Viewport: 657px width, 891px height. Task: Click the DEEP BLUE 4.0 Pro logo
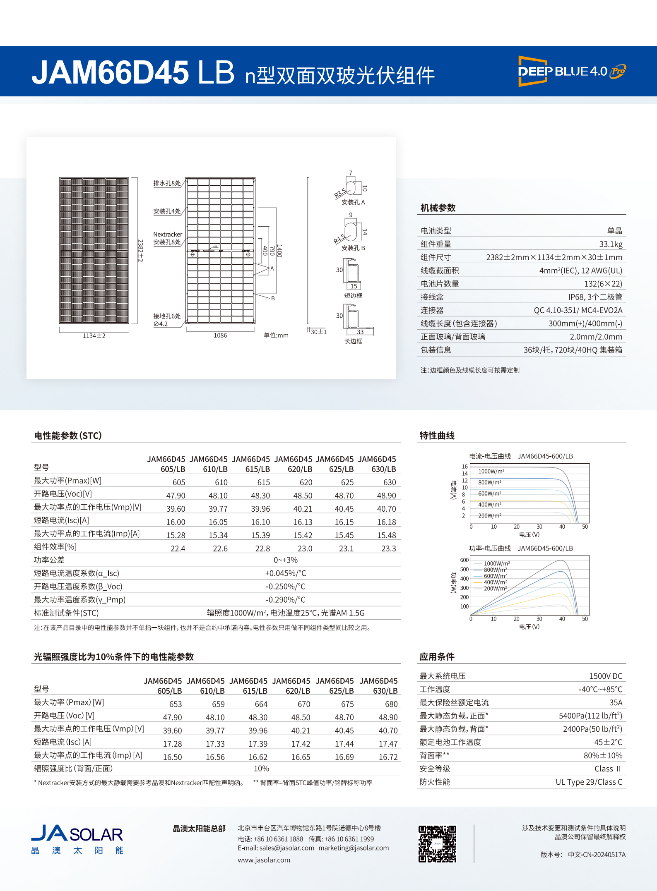(x=572, y=71)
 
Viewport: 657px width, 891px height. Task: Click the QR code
(x=437, y=844)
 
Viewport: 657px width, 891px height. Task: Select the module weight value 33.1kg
(x=611, y=244)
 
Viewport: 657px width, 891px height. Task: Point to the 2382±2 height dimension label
(x=140, y=250)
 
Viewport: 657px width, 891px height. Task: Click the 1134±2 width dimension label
(x=94, y=336)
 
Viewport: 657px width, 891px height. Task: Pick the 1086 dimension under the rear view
(x=220, y=335)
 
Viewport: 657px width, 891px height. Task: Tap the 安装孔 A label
(x=353, y=202)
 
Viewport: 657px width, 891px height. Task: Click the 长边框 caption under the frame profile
(x=353, y=341)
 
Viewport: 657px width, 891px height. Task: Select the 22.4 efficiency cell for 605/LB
(x=178, y=548)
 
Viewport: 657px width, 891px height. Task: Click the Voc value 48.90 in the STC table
(x=386, y=496)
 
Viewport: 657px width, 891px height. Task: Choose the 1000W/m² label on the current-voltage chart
(x=491, y=472)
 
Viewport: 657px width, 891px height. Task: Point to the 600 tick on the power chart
(x=464, y=560)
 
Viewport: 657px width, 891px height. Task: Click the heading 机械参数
(x=438, y=208)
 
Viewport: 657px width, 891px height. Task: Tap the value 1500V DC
(x=606, y=676)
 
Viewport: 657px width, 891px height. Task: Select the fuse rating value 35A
(x=616, y=702)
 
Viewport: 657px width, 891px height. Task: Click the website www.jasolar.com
(x=264, y=860)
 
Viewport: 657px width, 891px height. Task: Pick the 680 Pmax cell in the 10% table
(x=391, y=704)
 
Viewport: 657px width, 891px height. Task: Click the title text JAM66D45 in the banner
(x=110, y=72)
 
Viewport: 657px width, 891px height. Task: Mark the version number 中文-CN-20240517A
(x=597, y=855)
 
